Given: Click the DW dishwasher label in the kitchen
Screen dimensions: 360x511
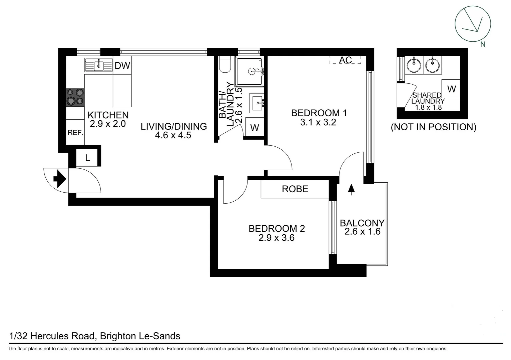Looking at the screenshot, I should [x=122, y=66].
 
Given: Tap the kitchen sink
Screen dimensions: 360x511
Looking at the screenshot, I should [x=98, y=65].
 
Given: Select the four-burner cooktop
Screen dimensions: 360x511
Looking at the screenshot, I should [x=75, y=97].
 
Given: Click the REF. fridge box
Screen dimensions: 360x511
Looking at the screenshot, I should [x=75, y=133].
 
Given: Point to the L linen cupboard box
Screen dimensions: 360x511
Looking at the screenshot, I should [x=87, y=158].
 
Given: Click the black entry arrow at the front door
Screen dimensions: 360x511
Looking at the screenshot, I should [x=60, y=179].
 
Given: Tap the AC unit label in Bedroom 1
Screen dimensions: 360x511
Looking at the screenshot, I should [x=345, y=60].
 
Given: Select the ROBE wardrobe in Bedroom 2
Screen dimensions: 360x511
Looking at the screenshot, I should [x=295, y=189].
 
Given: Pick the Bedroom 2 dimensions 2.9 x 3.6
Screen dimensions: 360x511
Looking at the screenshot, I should [x=276, y=238].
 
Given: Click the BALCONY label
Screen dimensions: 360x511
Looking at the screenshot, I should [x=362, y=223].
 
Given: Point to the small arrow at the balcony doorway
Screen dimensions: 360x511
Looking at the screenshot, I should [x=351, y=189].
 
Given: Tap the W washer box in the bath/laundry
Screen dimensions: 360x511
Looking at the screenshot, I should [x=254, y=128].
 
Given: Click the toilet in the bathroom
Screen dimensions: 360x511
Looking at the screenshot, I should [x=225, y=65].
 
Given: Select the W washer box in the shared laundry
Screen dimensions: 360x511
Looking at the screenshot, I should [x=451, y=89].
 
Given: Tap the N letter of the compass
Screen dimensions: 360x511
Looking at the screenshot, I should [x=482, y=44].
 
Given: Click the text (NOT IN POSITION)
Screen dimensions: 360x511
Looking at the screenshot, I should [x=433, y=127].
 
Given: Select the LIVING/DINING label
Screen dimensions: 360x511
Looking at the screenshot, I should [x=173, y=126].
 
